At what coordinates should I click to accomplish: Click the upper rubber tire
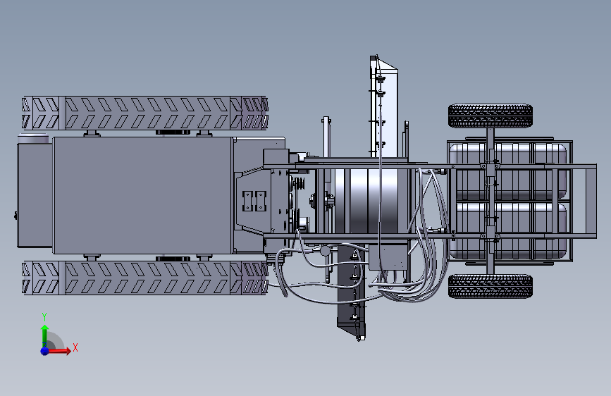[490, 116]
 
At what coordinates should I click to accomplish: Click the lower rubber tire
[490, 287]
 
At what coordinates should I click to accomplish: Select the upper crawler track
[145, 113]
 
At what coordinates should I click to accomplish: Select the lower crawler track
[145, 278]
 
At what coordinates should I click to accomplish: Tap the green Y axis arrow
[44, 335]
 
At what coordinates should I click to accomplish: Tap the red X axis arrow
[58, 351]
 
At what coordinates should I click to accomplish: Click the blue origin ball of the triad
[45, 351]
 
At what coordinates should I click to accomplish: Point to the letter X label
[75, 347]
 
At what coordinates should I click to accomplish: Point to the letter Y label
[44, 317]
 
